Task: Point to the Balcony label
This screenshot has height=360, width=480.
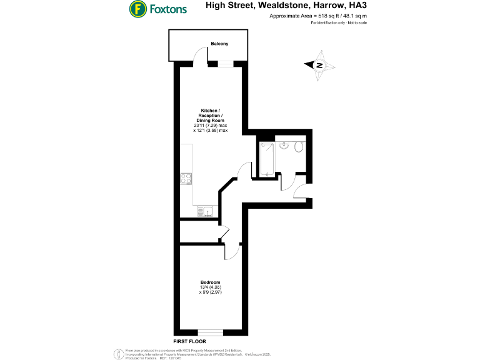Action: tap(219, 44)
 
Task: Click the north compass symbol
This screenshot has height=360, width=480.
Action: tap(319, 65)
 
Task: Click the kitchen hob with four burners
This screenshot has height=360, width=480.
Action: tap(186, 179)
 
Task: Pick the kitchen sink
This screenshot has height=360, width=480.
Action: tap(207, 211)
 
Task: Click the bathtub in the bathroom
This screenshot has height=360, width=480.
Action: tap(267, 158)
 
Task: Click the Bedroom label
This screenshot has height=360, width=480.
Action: tap(210, 282)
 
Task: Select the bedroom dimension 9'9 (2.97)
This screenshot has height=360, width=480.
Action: tap(212, 292)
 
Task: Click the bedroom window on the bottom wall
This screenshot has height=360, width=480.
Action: tap(211, 332)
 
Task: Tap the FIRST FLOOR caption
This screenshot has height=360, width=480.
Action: tap(190, 342)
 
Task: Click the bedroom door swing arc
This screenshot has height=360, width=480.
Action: tap(232, 251)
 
